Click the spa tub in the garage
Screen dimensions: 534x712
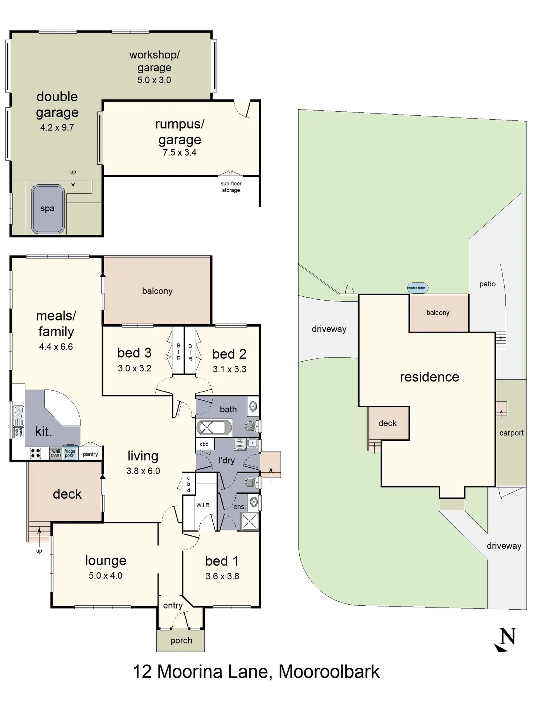coord(48,209)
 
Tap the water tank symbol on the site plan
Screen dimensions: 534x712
coord(417,288)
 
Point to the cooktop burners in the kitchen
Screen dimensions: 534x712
coord(36,453)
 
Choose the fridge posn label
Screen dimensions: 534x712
coord(70,453)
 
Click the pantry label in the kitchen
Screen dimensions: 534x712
coord(90,454)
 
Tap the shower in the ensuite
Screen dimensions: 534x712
coord(250,521)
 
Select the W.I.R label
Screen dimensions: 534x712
coord(203,505)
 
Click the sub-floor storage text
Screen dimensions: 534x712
coord(231,187)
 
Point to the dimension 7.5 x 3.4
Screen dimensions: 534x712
coord(180,153)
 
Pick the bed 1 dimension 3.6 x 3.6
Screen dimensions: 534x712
coord(222,576)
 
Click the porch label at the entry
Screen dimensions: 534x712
coord(181,641)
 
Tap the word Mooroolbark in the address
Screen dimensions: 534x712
coord(329,672)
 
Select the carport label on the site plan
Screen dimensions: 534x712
coord(511,433)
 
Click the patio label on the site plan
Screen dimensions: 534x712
coord(487,284)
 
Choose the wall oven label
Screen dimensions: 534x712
coord(56,453)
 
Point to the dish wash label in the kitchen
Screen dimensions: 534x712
coord(19,432)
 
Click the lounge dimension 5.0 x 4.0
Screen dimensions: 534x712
coord(106,576)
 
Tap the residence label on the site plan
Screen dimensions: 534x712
coord(430,377)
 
